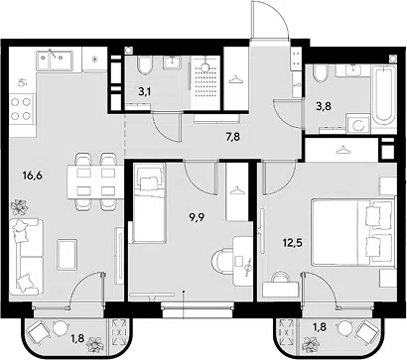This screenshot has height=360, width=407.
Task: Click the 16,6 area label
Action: pos(32,176)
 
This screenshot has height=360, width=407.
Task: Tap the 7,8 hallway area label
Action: pos(233,136)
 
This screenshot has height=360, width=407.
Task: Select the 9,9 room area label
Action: pos(197,217)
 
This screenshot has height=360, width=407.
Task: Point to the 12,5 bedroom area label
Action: pos(293,244)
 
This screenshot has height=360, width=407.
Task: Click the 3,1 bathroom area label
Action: pos(145,92)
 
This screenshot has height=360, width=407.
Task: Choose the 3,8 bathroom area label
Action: pos(324,106)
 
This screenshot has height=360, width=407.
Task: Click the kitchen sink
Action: pos(55,60)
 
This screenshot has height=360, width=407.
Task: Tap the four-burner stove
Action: pos(22,109)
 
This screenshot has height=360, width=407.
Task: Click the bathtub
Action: pos(384,95)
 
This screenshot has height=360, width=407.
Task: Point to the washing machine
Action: pos(358,124)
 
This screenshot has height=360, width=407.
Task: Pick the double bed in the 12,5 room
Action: pos(353,231)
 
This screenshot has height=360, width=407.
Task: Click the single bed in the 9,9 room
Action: pos(149,203)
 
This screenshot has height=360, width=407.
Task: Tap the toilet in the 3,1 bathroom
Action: pos(145,65)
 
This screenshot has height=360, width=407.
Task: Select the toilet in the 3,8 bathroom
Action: pos(320,73)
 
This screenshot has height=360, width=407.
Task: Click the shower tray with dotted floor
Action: pos(205,82)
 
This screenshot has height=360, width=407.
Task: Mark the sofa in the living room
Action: pos(26,257)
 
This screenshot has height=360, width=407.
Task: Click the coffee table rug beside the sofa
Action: pos(68,255)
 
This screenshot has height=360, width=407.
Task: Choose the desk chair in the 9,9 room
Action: pos(222,261)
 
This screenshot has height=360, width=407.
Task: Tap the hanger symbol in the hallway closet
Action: pos(236,79)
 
